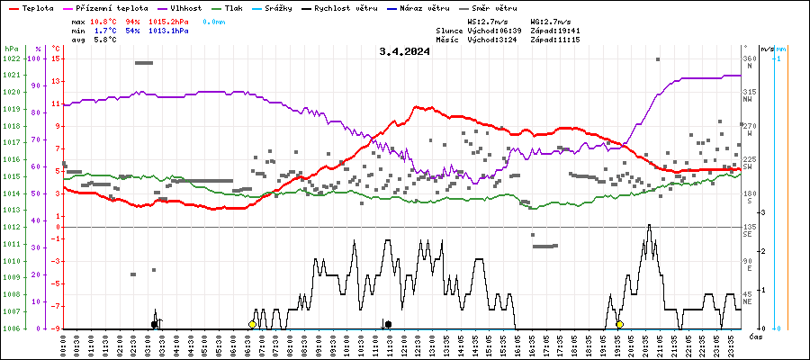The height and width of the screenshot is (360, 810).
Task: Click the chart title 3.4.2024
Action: [404, 51]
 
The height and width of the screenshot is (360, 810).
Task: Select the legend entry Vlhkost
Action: [185, 7]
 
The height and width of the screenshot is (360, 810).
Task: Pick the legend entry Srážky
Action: [282, 7]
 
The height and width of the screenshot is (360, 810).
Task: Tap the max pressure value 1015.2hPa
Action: [173, 20]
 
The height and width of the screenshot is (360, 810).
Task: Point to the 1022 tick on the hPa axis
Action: [12, 58]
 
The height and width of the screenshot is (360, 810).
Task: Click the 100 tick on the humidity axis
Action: [35, 58]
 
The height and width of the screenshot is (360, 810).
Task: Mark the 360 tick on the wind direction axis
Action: [749, 58]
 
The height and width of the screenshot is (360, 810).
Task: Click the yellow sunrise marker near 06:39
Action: [253, 324]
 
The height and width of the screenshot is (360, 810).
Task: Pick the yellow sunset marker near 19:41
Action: [620, 324]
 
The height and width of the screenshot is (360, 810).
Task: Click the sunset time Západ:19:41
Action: [555, 31]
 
